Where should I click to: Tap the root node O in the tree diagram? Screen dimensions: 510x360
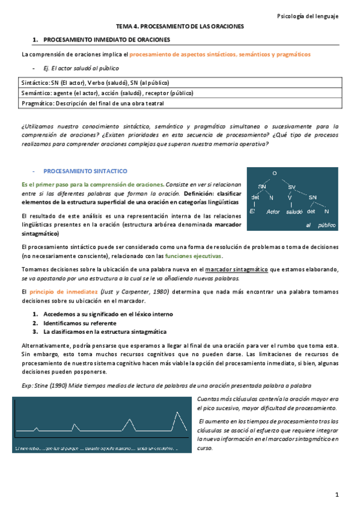pos(275,174)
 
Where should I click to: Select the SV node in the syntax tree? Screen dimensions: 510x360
pos(293,186)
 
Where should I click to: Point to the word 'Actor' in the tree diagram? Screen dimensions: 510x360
pos(273,211)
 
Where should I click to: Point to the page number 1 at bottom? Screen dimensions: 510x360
pos(338,494)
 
